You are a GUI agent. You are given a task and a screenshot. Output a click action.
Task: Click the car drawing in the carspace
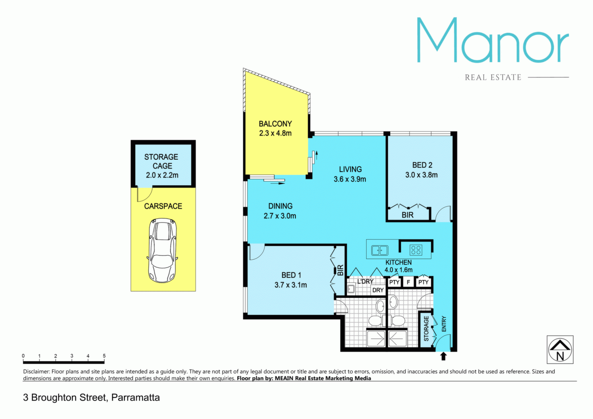162,250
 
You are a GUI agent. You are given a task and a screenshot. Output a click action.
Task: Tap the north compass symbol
560,349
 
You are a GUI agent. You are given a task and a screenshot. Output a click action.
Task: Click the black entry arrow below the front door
443,356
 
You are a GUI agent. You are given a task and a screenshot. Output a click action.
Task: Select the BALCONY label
275,124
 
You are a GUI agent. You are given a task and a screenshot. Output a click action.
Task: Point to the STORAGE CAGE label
161,162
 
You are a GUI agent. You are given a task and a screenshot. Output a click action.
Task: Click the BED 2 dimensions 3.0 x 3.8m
421,175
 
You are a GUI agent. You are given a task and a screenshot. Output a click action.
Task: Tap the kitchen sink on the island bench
380,250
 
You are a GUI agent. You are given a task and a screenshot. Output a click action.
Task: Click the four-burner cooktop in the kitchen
415,250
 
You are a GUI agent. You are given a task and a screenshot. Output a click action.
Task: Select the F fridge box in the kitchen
408,282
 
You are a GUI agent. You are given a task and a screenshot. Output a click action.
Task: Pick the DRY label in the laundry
378,290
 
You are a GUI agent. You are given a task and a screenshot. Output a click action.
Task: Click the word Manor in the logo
493,40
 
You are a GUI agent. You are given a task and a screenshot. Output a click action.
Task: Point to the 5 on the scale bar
104,356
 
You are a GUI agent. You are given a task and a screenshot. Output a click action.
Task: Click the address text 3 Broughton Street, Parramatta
91,398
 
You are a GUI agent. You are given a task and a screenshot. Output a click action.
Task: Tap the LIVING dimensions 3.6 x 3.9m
350,179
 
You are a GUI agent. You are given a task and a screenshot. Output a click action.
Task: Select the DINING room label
280,206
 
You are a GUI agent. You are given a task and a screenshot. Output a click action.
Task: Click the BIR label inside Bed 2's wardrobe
407,215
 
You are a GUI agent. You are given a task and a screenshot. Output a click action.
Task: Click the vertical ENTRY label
444,324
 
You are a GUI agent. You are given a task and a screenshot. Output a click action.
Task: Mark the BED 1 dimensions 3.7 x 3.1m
291,285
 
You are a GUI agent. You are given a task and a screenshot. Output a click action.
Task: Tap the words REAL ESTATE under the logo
493,77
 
